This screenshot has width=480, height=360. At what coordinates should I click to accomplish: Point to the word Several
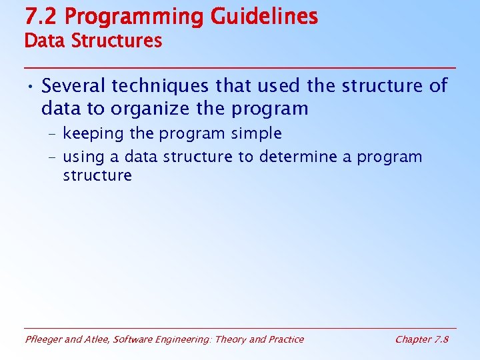(x=74, y=86)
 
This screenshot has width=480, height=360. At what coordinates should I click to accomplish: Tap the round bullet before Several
(x=31, y=87)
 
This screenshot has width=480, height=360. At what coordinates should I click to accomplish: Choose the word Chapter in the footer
(x=413, y=339)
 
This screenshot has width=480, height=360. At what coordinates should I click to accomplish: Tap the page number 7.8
(x=441, y=339)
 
